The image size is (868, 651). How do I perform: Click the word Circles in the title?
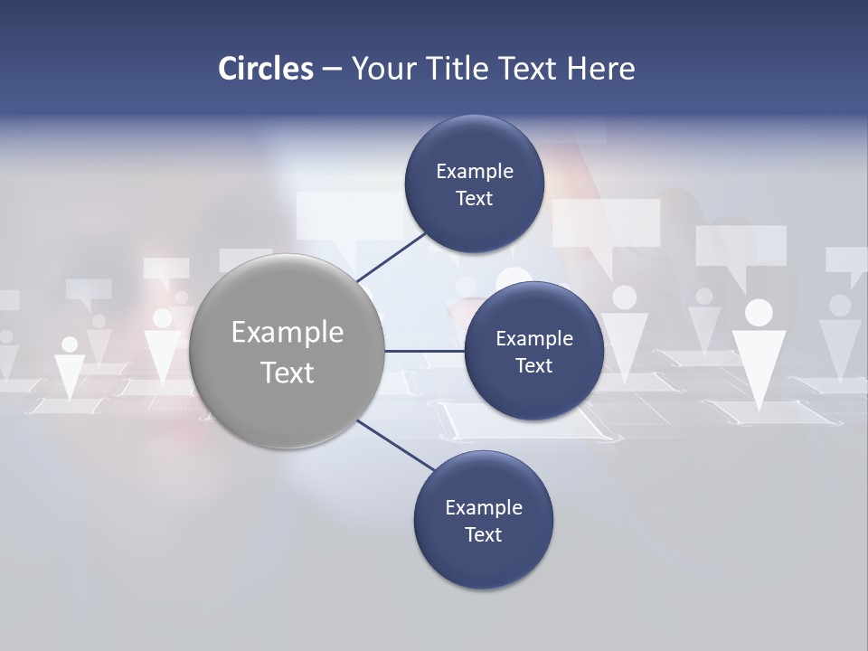pos(266,69)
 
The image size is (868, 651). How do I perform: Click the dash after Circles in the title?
pos(332,70)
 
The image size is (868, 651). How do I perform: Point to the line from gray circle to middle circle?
pos(424,351)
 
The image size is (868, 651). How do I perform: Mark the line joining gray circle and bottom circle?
pos(394,445)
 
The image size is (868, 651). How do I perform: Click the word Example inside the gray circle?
pos(288,333)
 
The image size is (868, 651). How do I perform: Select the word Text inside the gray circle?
pos(288,373)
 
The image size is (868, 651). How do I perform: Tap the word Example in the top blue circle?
pos(475,172)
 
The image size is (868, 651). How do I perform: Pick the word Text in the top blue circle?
pos(475,199)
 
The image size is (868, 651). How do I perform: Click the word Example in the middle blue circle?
pos(534,339)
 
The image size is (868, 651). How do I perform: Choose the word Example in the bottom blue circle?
pos(484,508)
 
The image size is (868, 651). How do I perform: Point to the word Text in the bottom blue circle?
pos(484,535)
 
